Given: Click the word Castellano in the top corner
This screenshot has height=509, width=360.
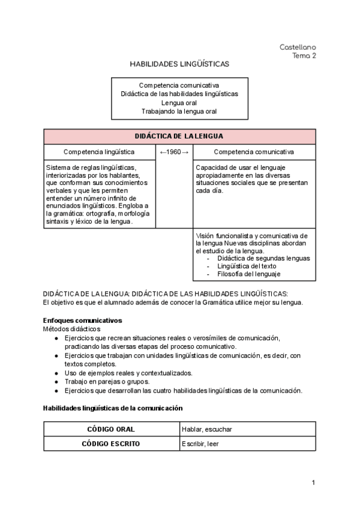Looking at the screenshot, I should click(298, 47).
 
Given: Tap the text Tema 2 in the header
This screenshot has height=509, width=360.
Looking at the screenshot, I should click(304, 56).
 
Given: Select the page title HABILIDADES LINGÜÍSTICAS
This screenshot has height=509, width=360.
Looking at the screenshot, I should click(179, 63).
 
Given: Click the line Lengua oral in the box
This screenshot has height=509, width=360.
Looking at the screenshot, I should click(179, 103).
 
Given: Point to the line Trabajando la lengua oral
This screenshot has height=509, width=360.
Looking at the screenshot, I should click(179, 111).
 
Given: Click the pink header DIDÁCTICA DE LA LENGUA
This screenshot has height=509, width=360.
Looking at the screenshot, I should click(179, 136).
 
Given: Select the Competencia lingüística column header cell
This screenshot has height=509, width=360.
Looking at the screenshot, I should click(99, 152).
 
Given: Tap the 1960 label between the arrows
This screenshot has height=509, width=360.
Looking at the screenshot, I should click(174, 152).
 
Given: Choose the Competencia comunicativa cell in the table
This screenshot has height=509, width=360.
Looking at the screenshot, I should click(254, 152).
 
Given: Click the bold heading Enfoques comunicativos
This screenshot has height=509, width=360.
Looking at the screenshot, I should click(82, 321).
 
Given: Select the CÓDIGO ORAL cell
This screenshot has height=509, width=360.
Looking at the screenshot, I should click(111, 429).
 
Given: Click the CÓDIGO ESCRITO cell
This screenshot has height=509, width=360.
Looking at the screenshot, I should click(111, 444).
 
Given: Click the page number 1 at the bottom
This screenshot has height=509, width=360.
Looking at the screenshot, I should click(313, 483).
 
